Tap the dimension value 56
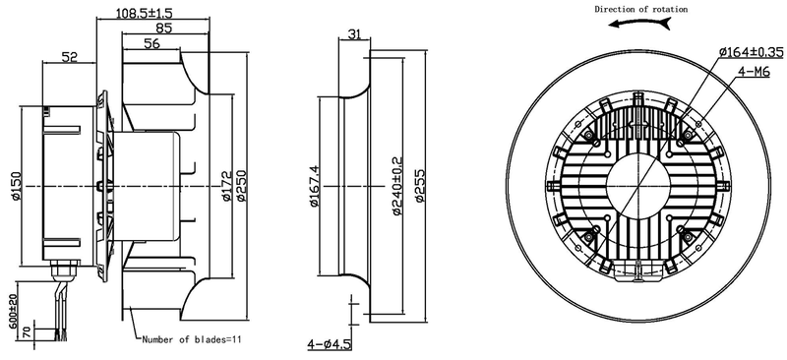152,43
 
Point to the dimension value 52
69,58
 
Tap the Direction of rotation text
640,9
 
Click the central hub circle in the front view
638,184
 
